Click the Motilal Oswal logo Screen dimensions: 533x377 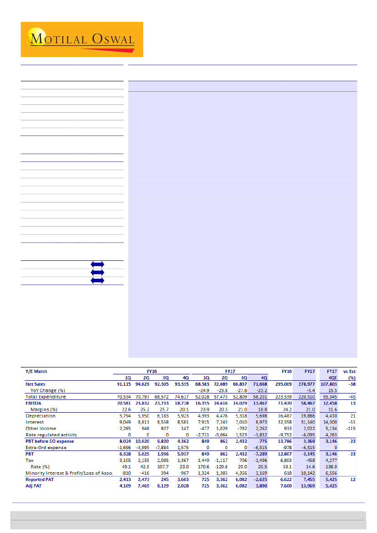[x=82, y=40]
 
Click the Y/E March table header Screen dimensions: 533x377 [x=38, y=371]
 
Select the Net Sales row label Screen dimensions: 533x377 [x=36, y=384]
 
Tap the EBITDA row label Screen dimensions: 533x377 [x=33, y=403]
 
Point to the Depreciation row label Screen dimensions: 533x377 [x=41, y=416]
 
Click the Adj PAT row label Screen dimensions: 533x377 [x=34, y=486]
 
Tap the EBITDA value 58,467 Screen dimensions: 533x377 [x=306, y=403]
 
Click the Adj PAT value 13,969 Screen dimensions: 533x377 [x=306, y=486]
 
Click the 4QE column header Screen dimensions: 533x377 [x=331, y=378]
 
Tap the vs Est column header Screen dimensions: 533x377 [x=350, y=371]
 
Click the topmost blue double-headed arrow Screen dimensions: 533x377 [x=97, y=264]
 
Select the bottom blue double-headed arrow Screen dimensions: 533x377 [x=97, y=280]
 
